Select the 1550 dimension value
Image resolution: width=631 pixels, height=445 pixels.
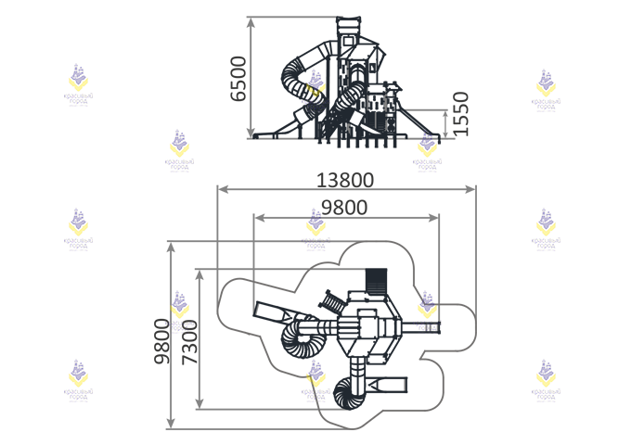[461, 114]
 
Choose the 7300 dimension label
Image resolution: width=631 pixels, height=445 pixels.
[190, 339]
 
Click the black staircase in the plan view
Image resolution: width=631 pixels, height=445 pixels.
[376, 279]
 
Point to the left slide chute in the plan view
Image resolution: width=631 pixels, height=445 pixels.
[274, 310]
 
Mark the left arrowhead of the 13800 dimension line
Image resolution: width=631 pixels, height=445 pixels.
[221, 189]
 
